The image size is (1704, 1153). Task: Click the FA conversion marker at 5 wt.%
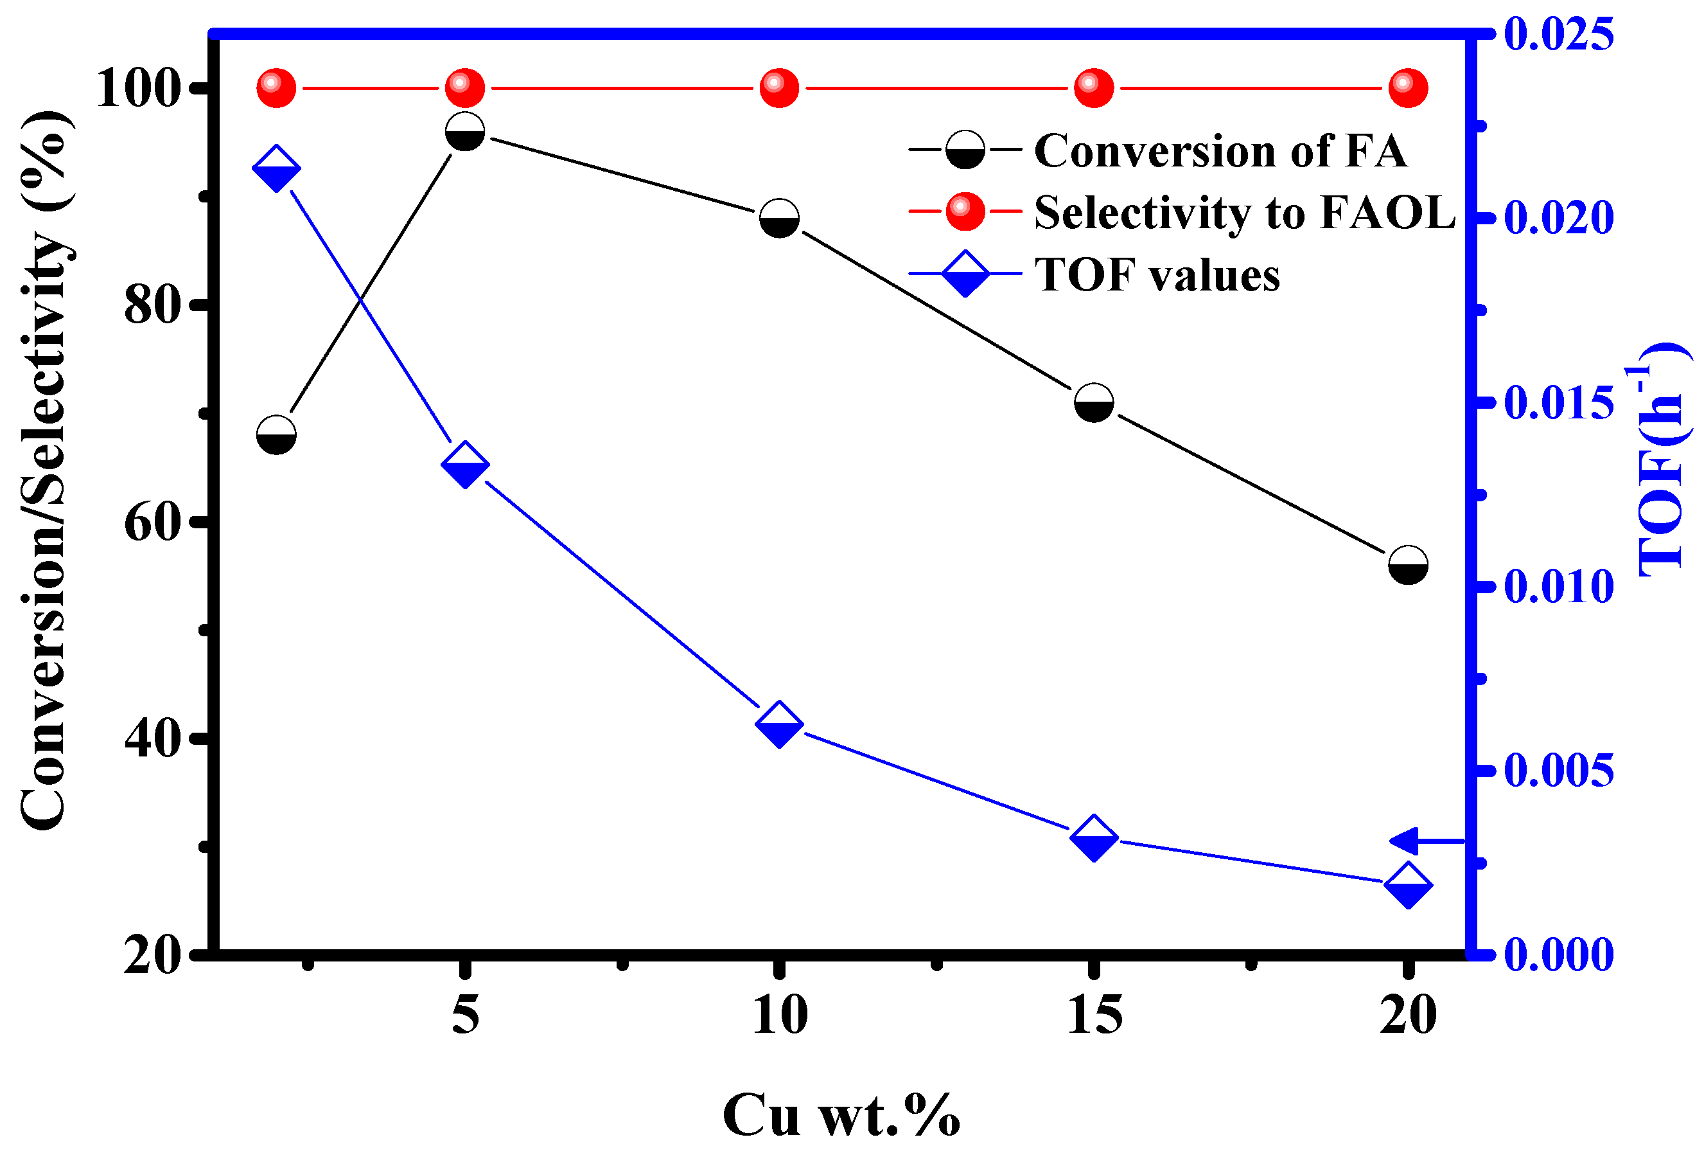pos(465,131)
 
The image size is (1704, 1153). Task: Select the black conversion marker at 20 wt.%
pos(1408,565)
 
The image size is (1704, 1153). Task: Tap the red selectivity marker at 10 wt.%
pos(778,88)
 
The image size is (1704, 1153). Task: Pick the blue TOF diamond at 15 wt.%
pos(1093,837)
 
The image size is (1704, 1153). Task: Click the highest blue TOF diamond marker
pos(276,168)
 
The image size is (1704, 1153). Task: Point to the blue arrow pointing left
pos(1426,841)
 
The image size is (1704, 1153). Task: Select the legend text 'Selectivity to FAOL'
pos(1244,212)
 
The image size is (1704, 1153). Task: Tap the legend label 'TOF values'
pos(1157,274)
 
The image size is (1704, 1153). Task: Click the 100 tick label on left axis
pos(139,89)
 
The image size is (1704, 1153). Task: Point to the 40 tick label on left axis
pos(152,739)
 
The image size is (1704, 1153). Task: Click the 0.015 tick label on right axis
pos(1558,402)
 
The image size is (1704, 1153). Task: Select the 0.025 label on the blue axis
pos(1558,33)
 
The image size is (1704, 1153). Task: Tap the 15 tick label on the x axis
pos(1094,1016)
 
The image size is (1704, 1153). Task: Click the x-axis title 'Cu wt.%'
pos(841,1115)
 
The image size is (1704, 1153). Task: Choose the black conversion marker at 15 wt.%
pos(1093,402)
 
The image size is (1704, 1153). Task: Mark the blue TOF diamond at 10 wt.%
pos(778,724)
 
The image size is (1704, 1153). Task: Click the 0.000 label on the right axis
pos(1558,954)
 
